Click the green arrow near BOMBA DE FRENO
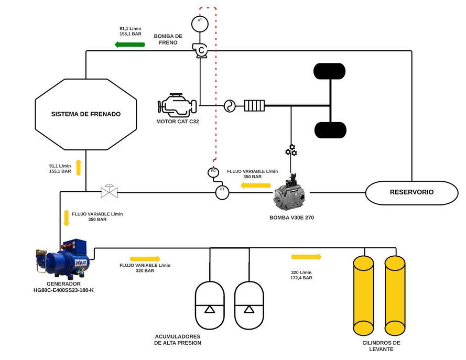point(130,45)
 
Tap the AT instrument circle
point(200,22)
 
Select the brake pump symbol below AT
point(200,50)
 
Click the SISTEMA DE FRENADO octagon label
point(86,114)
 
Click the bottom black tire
point(330,130)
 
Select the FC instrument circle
point(213,172)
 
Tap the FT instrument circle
point(222,192)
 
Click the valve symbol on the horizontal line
point(109,191)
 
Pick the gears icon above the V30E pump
point(291,150)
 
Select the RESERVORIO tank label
point(411,192)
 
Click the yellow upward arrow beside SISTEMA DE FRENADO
point(78,167)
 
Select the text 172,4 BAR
point(301,278)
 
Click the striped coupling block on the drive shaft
point(254,106)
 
